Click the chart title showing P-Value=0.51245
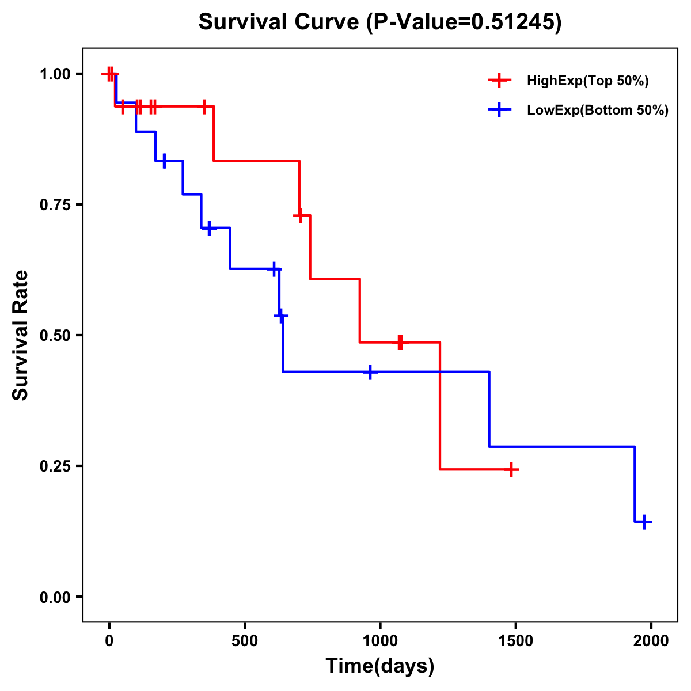(x=379, y=22)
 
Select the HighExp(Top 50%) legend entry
(x=587, y=81)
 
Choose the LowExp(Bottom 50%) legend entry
(x=597, y=111)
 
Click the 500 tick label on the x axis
(x=245, y=641)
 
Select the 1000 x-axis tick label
(x=380, y=641)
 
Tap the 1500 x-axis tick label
(x=515, y=641)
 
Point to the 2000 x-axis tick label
(x=651, y=641)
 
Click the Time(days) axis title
(x=380, y=666)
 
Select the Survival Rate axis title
(x=21, y=335)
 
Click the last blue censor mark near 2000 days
(x=644, y=522)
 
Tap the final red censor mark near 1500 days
(x=511, y=470)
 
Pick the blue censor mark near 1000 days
(x=370, y=372)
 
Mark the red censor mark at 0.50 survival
(x=400, y=342)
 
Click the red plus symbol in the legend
(x=499, y=81)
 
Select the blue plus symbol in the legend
(x=499, y=111)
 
